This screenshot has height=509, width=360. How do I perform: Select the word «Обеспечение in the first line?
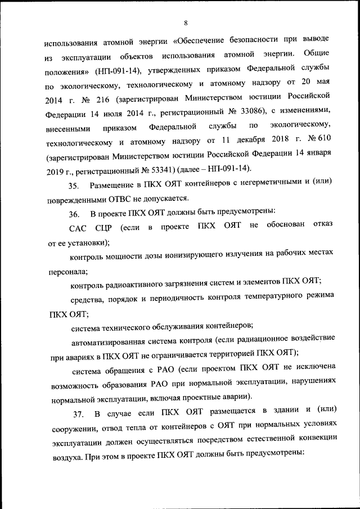tap(200, 41)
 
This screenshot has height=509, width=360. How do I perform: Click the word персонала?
tap(68, 271)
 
